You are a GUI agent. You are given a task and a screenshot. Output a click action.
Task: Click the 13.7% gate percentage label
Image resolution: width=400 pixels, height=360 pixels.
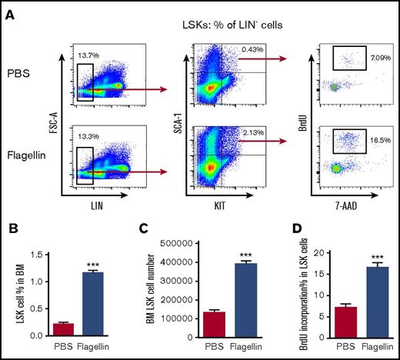click(x=90, y=54)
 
